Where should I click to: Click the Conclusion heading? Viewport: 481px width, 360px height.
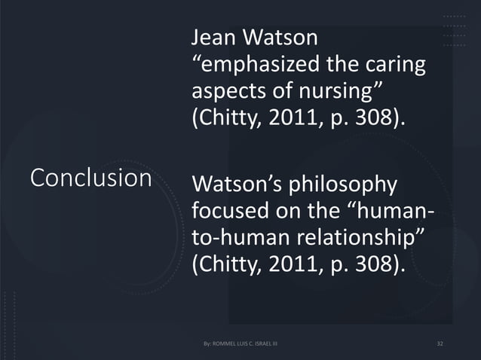90,178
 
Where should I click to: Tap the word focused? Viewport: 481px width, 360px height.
228,212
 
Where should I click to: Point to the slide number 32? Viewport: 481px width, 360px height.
441,344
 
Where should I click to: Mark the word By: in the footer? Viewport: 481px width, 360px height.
208,344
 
